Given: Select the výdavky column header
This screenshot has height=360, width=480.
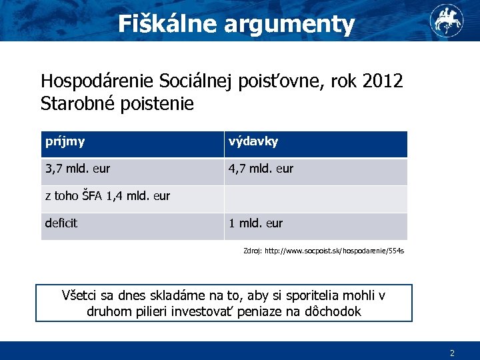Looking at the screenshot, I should click(253, 141).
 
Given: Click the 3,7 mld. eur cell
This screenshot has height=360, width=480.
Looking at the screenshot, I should click(77, 169).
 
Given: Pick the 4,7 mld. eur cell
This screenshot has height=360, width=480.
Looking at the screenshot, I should click(261, 169).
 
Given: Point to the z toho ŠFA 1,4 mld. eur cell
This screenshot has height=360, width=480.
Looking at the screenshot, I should click(107, 196).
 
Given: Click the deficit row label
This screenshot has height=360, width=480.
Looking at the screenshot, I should click(61, 223).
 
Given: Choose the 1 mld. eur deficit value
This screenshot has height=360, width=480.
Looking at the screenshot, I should click(255, 223).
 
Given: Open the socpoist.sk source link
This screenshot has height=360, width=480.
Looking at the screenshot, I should click(334, 251).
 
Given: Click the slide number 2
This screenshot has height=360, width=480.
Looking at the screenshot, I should click(452, 353).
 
